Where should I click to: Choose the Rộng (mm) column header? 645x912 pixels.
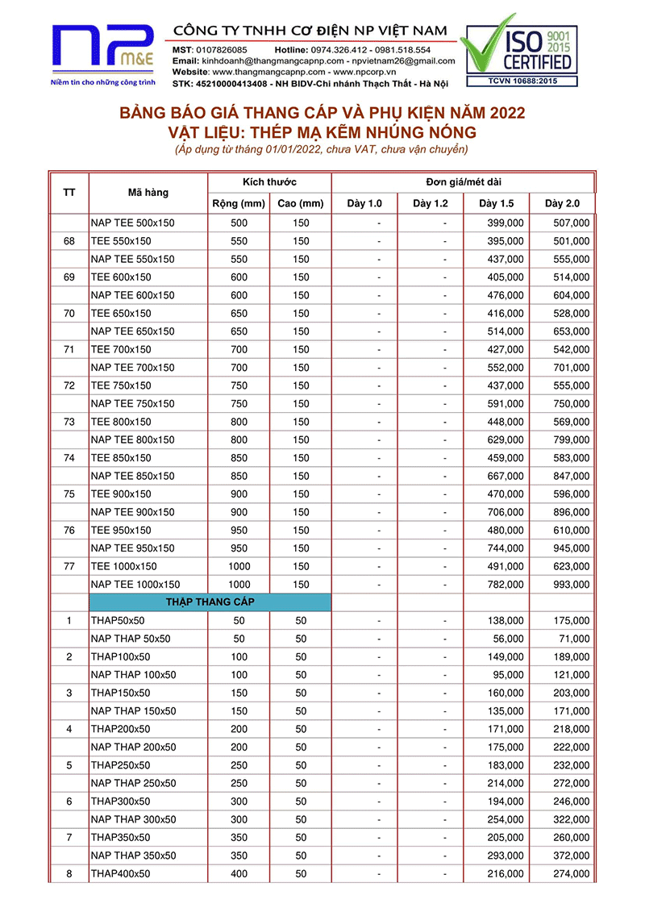[238, 203]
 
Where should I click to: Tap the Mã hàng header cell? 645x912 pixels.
[148, 193]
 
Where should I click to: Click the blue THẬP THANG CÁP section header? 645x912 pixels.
[211, 602]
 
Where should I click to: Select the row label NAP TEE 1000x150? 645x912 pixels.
[135, 584]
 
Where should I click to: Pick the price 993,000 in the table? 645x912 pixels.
[571, 584]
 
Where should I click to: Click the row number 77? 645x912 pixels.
[69, 566]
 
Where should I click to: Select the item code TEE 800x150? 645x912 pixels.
[121, 422]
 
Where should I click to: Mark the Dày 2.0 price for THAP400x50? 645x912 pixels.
[571, 874]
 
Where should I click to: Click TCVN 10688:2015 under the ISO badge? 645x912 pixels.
[520, 81]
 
